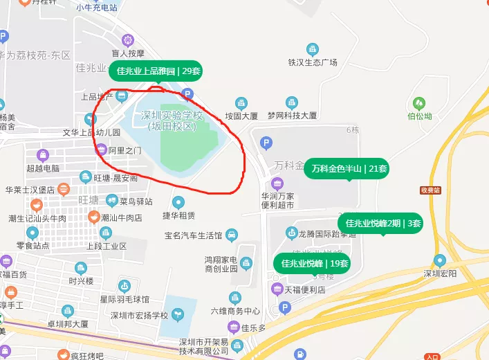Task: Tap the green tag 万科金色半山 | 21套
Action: tap(349, 168)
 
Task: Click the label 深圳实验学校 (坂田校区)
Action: tap(172, 120)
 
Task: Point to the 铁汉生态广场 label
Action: tap(313, 62)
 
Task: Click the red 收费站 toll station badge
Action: tap(430, 190)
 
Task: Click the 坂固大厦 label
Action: tap(241, 116)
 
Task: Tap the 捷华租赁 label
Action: tap(178, 215)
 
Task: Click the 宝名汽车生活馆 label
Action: tap(193, 235)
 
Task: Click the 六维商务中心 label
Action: tap(235, 311)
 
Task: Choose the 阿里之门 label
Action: tap(125, 150)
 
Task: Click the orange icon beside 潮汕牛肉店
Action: tap(93, 217)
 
